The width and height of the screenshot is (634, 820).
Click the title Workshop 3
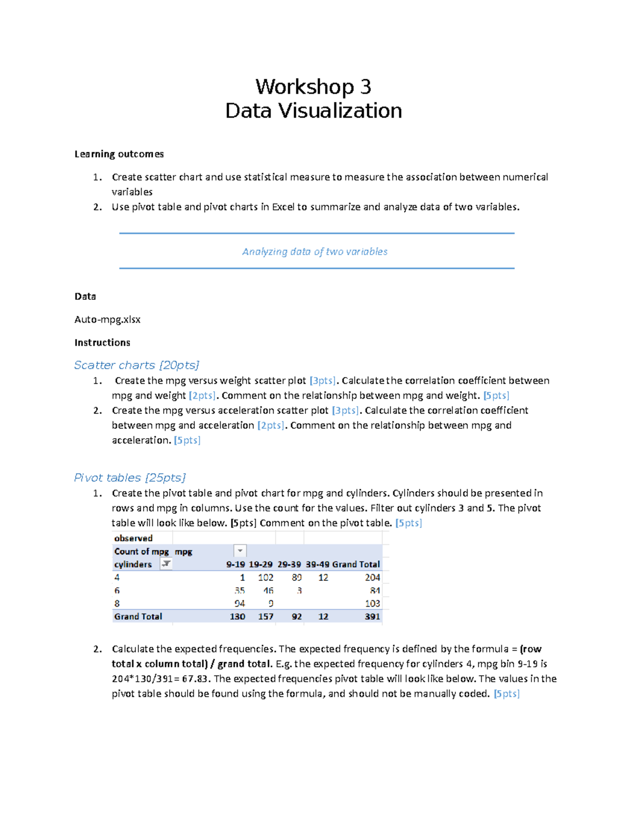point(313,87)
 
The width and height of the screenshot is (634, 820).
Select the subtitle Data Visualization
point(313,111)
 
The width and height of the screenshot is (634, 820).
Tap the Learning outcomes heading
point(119,154)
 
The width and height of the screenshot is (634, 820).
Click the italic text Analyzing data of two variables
point(315,252)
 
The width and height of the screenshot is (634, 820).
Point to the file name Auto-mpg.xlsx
point(107,319)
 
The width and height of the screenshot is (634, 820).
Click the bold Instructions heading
point(102,343)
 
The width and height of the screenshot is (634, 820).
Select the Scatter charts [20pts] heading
point(136,365)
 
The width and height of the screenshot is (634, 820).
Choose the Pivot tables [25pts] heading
point(129,478)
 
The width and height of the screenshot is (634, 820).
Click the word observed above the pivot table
point(133,538)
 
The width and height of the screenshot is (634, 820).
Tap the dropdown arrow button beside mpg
point(240,551)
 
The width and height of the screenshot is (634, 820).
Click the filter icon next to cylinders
point(166,564)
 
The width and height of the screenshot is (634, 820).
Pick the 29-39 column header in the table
point(289,564)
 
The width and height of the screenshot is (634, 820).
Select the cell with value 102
point(265,578)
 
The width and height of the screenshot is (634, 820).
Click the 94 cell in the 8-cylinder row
point(239,604)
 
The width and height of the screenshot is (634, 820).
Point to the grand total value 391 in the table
point(372,617)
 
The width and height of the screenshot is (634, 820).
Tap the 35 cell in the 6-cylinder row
point(239,591)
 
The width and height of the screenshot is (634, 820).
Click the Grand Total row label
point(138,617)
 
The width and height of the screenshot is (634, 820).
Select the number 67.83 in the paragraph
point(196,679)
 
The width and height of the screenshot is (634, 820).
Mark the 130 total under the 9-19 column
point(237,617)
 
